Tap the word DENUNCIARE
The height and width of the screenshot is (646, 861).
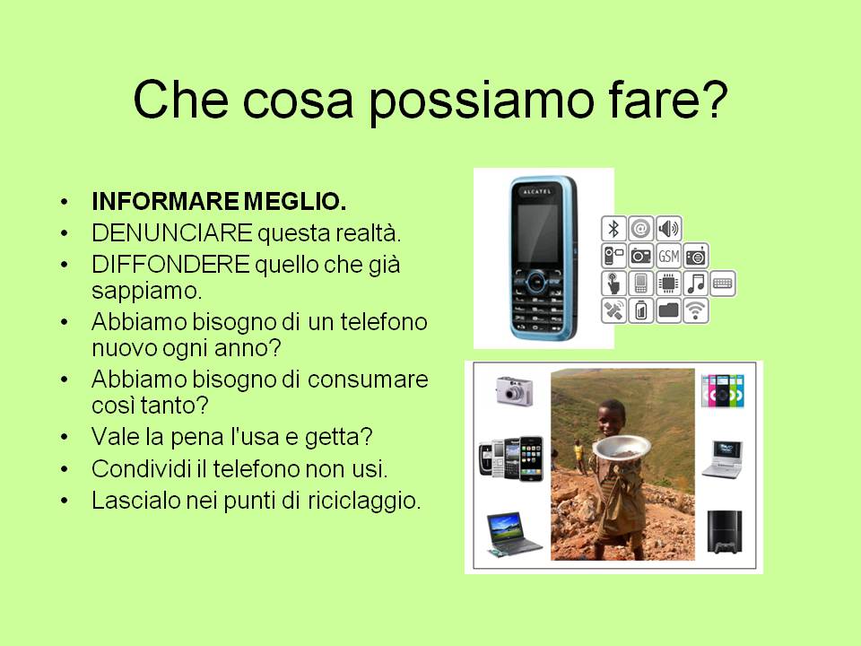(x=172, y=233)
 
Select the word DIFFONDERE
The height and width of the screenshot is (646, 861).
(x=170, y=264)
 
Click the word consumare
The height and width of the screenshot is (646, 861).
(x=368, y=380)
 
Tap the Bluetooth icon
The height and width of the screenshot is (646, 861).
(x=613, y=229)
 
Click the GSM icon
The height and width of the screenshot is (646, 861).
(x=668, y=256)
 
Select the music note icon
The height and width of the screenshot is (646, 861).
(x=696, y=284)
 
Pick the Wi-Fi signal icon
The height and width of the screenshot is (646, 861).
(x=696, y=310)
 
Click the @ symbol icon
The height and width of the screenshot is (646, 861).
(x=640, y=229)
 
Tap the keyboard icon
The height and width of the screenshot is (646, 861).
(x=723, y=284)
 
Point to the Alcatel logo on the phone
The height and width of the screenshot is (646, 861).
(x=536, y=192)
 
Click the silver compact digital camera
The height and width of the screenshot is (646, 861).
(x=514, y=390)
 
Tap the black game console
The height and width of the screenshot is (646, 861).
(x=725, y=532)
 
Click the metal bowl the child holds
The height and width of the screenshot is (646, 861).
(x=621, y=447)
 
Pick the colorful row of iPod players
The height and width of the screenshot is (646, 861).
(x=723, y=390)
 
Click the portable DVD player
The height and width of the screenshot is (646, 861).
(x=723, y=459)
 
